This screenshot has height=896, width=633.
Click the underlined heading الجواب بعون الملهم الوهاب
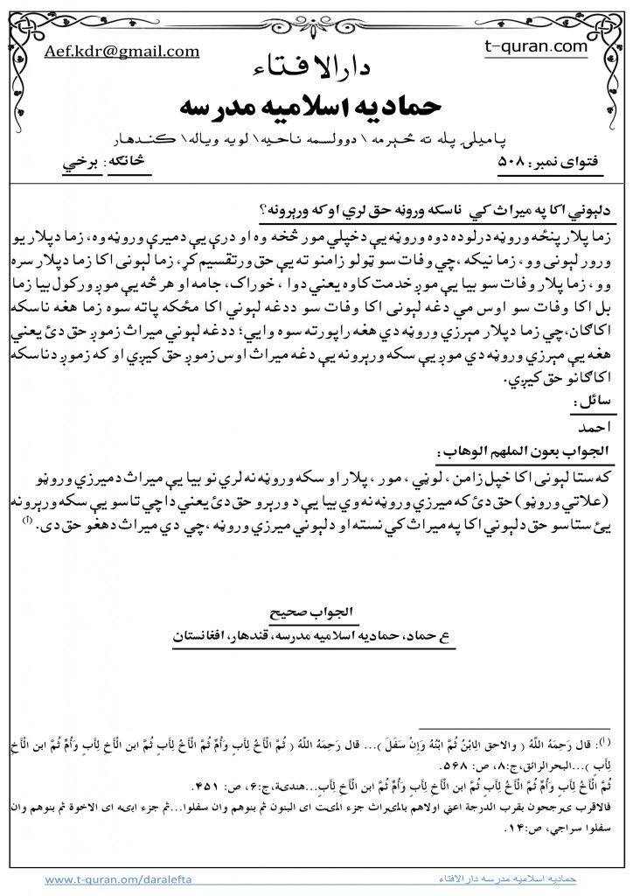[525, 451]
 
